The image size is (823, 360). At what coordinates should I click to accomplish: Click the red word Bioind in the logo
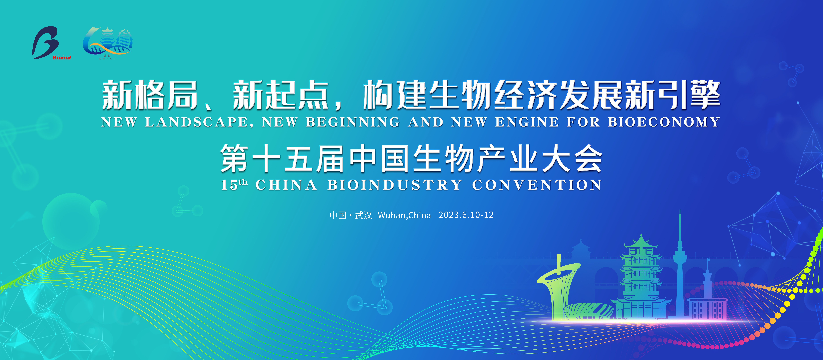point(62,57)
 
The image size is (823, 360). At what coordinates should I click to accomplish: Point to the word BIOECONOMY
point(664,122)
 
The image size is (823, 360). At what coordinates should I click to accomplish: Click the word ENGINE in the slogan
point(527,122)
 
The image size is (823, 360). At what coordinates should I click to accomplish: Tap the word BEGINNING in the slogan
point(353,122)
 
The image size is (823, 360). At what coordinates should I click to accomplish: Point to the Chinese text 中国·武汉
point(351,215)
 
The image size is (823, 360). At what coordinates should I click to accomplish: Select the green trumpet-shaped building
point(558,287)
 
